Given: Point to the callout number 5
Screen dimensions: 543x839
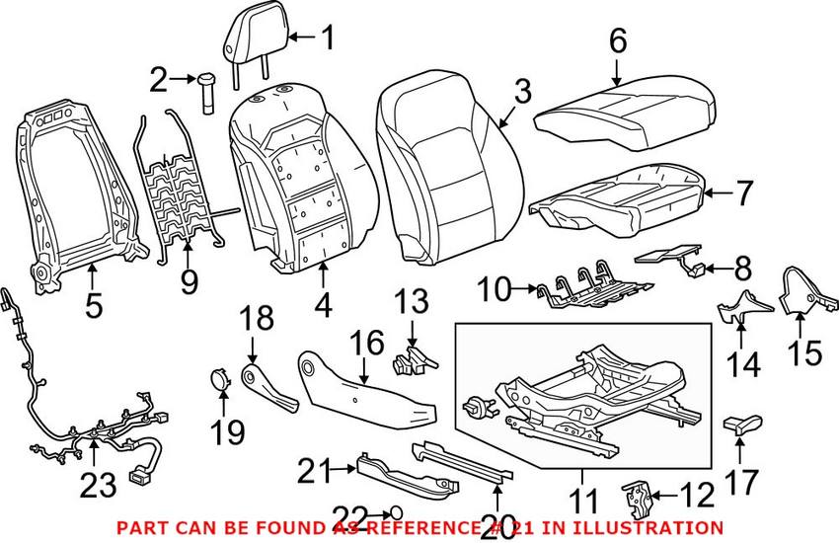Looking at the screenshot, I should (93, 305).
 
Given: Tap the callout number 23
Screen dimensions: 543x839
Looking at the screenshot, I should (102, 484).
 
